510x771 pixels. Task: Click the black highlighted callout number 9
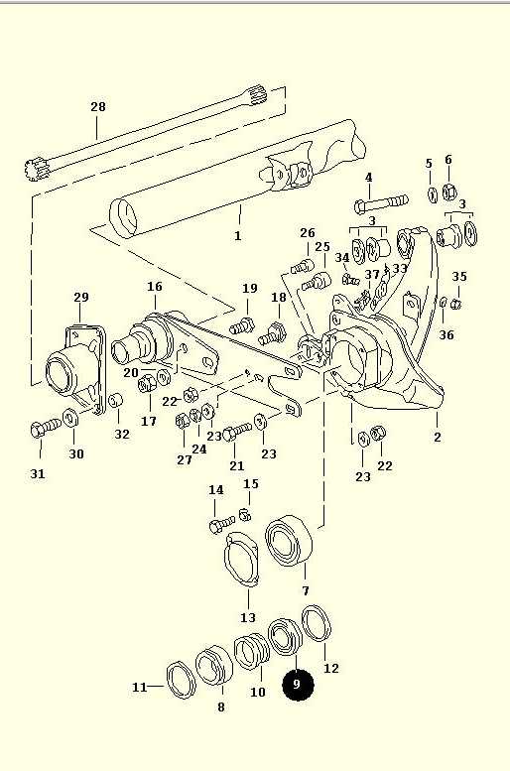point(298,684)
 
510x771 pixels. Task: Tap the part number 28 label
point(98,107)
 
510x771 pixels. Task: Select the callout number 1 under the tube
point(238,235)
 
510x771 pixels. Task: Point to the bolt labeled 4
point(381,203)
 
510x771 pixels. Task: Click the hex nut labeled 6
point(448,192)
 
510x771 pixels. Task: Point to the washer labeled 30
point(71,418)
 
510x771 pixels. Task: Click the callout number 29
point(81,297)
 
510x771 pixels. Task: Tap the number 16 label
point(155,286)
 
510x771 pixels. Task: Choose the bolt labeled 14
point(222,524)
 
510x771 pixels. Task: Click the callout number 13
point(248,617)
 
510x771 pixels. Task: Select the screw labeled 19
point(242,325)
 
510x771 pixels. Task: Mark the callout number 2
point(438,437)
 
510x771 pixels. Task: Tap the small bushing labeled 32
point(115,400)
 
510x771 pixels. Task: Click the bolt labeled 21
point(237,433)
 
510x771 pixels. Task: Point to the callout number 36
point(446,335)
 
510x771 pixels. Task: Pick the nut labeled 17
point(146,382)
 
